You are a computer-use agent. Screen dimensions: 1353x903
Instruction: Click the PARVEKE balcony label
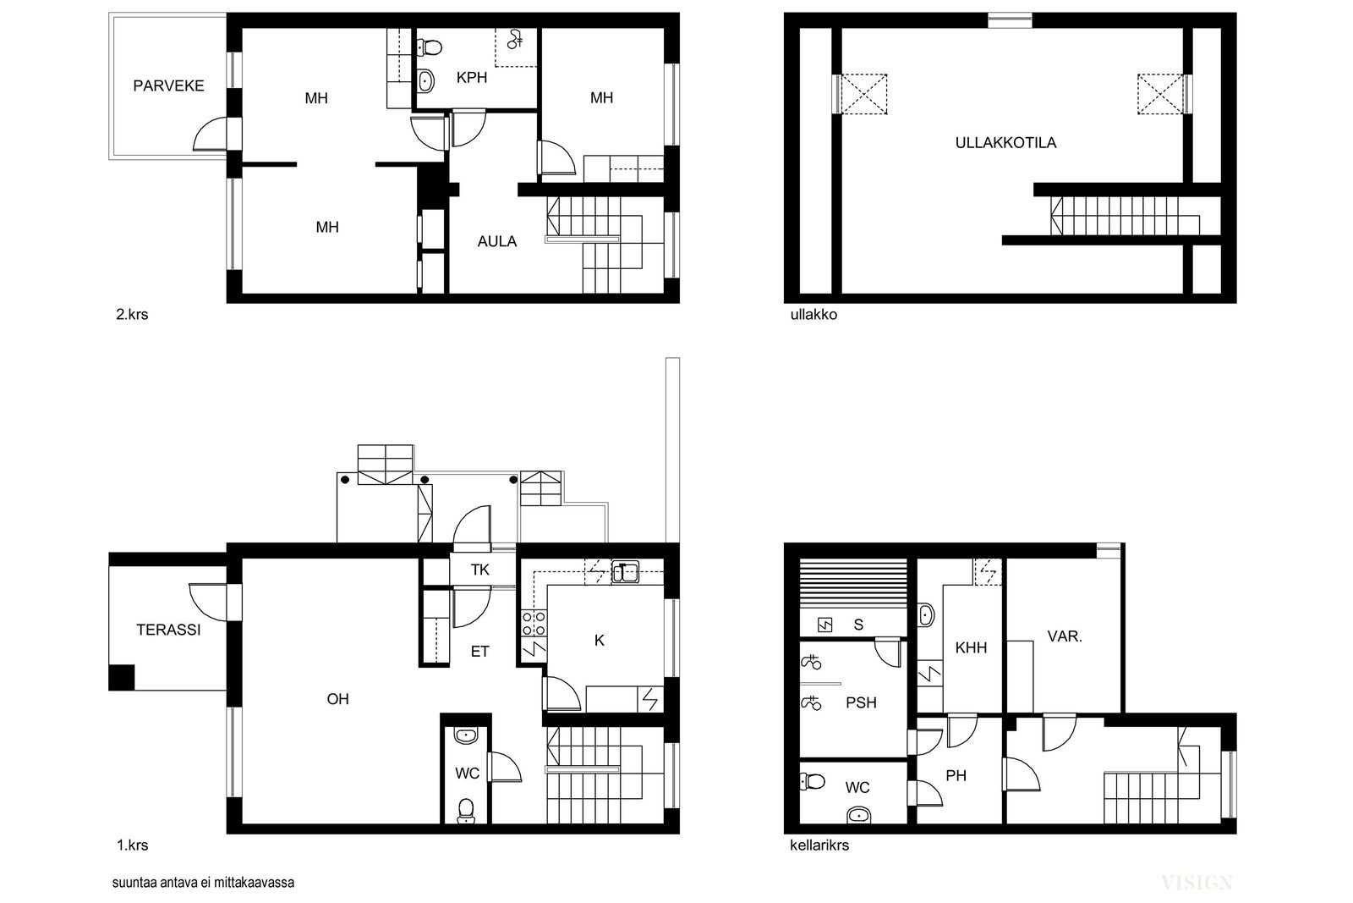pos(168,85)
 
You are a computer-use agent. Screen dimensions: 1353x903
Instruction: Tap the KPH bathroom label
pos(472,78)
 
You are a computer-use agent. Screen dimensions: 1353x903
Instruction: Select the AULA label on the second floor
pos(497,242)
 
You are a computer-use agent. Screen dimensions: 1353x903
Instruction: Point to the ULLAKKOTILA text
pos(1005,143)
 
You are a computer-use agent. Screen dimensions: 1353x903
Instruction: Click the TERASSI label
pos(168,630)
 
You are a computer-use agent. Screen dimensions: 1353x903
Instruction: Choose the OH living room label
pos(337,699)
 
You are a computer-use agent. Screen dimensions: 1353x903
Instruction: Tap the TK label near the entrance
pos(480,570)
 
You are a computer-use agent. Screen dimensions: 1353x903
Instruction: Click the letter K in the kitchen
pos(600,641)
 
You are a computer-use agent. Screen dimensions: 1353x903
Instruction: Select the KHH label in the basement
pos(972,648)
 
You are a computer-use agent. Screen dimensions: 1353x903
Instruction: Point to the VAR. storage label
pos(1065,636)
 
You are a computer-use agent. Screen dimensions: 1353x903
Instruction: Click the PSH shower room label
pos(862,703)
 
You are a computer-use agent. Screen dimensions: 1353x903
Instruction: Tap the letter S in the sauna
pos(858,625)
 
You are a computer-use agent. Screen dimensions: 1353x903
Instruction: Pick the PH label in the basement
pos(956,776)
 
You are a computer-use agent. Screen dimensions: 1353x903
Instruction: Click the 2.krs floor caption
pos(132,315)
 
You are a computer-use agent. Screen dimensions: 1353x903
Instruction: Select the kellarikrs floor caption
pos(819,845)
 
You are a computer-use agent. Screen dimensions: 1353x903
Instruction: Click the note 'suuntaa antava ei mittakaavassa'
pos(204,883)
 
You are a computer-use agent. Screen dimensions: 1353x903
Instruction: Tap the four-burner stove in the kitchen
pos(534,624)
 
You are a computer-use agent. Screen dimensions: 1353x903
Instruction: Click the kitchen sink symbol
pos(626,572)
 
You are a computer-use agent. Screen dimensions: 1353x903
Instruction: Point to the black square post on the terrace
pos(122,678)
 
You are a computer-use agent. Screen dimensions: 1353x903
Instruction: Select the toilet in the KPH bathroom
pos(430,47)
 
